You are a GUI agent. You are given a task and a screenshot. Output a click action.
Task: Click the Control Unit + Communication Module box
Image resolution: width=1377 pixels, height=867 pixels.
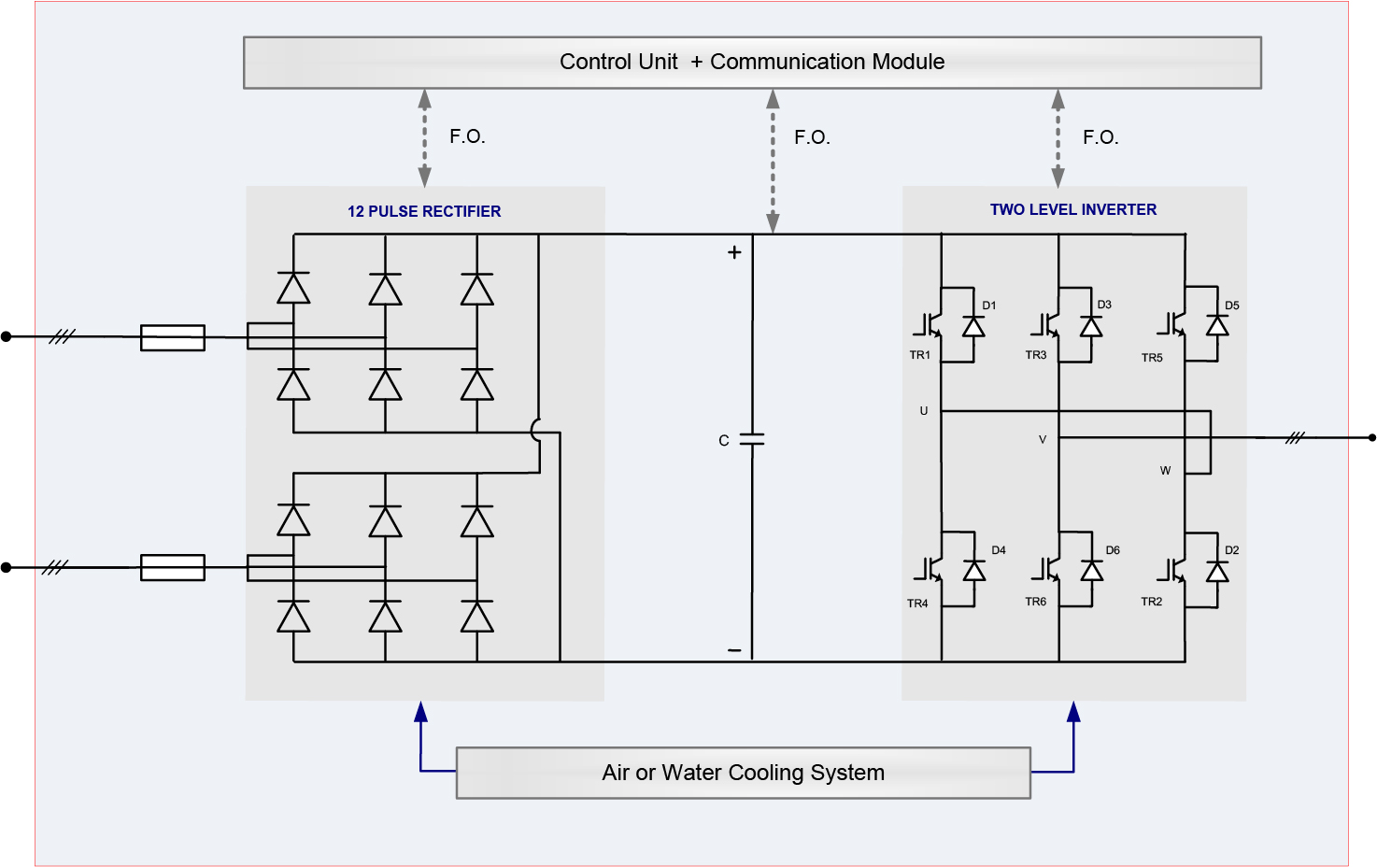752,63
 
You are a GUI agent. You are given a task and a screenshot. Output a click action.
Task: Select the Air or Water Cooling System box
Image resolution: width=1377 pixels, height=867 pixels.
743,773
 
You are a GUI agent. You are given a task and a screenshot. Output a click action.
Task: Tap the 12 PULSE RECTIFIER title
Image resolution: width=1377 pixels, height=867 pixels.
424,211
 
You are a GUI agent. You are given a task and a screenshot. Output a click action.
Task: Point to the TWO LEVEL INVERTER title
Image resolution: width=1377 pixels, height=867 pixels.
1073,209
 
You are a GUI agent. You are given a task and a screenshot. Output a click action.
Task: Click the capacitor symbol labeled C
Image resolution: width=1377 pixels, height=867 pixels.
752,439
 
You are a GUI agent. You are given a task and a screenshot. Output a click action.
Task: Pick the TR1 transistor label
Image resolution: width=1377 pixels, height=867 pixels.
920,355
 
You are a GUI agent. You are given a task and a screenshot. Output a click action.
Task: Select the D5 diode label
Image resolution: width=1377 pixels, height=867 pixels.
1232,306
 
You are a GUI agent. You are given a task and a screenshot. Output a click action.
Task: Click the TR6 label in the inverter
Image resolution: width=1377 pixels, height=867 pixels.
1036,602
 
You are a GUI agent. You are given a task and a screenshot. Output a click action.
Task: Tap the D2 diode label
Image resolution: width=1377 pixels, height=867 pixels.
1232,550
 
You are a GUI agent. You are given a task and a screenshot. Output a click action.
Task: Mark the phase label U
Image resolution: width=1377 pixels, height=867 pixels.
924,411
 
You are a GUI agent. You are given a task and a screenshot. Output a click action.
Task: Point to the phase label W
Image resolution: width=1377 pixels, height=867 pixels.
1165,471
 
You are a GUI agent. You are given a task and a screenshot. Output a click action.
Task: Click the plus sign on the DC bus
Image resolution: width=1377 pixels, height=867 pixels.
734,252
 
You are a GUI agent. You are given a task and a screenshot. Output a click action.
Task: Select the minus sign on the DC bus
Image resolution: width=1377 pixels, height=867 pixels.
734,650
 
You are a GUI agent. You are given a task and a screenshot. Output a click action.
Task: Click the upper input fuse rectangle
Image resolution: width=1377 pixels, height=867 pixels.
173,337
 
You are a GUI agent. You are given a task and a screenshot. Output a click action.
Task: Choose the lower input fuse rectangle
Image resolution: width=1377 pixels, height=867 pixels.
173,567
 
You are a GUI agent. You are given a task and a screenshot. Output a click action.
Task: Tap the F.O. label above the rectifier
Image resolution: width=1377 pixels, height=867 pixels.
467,136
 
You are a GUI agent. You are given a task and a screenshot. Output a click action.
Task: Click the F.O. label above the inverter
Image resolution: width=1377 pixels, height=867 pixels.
1100,137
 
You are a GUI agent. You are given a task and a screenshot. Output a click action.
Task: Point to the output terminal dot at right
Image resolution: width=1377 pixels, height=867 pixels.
1371,437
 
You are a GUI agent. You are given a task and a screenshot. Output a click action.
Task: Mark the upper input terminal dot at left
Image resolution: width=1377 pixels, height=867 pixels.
7,336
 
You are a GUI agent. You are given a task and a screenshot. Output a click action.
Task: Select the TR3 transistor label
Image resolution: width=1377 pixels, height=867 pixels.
1036,355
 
